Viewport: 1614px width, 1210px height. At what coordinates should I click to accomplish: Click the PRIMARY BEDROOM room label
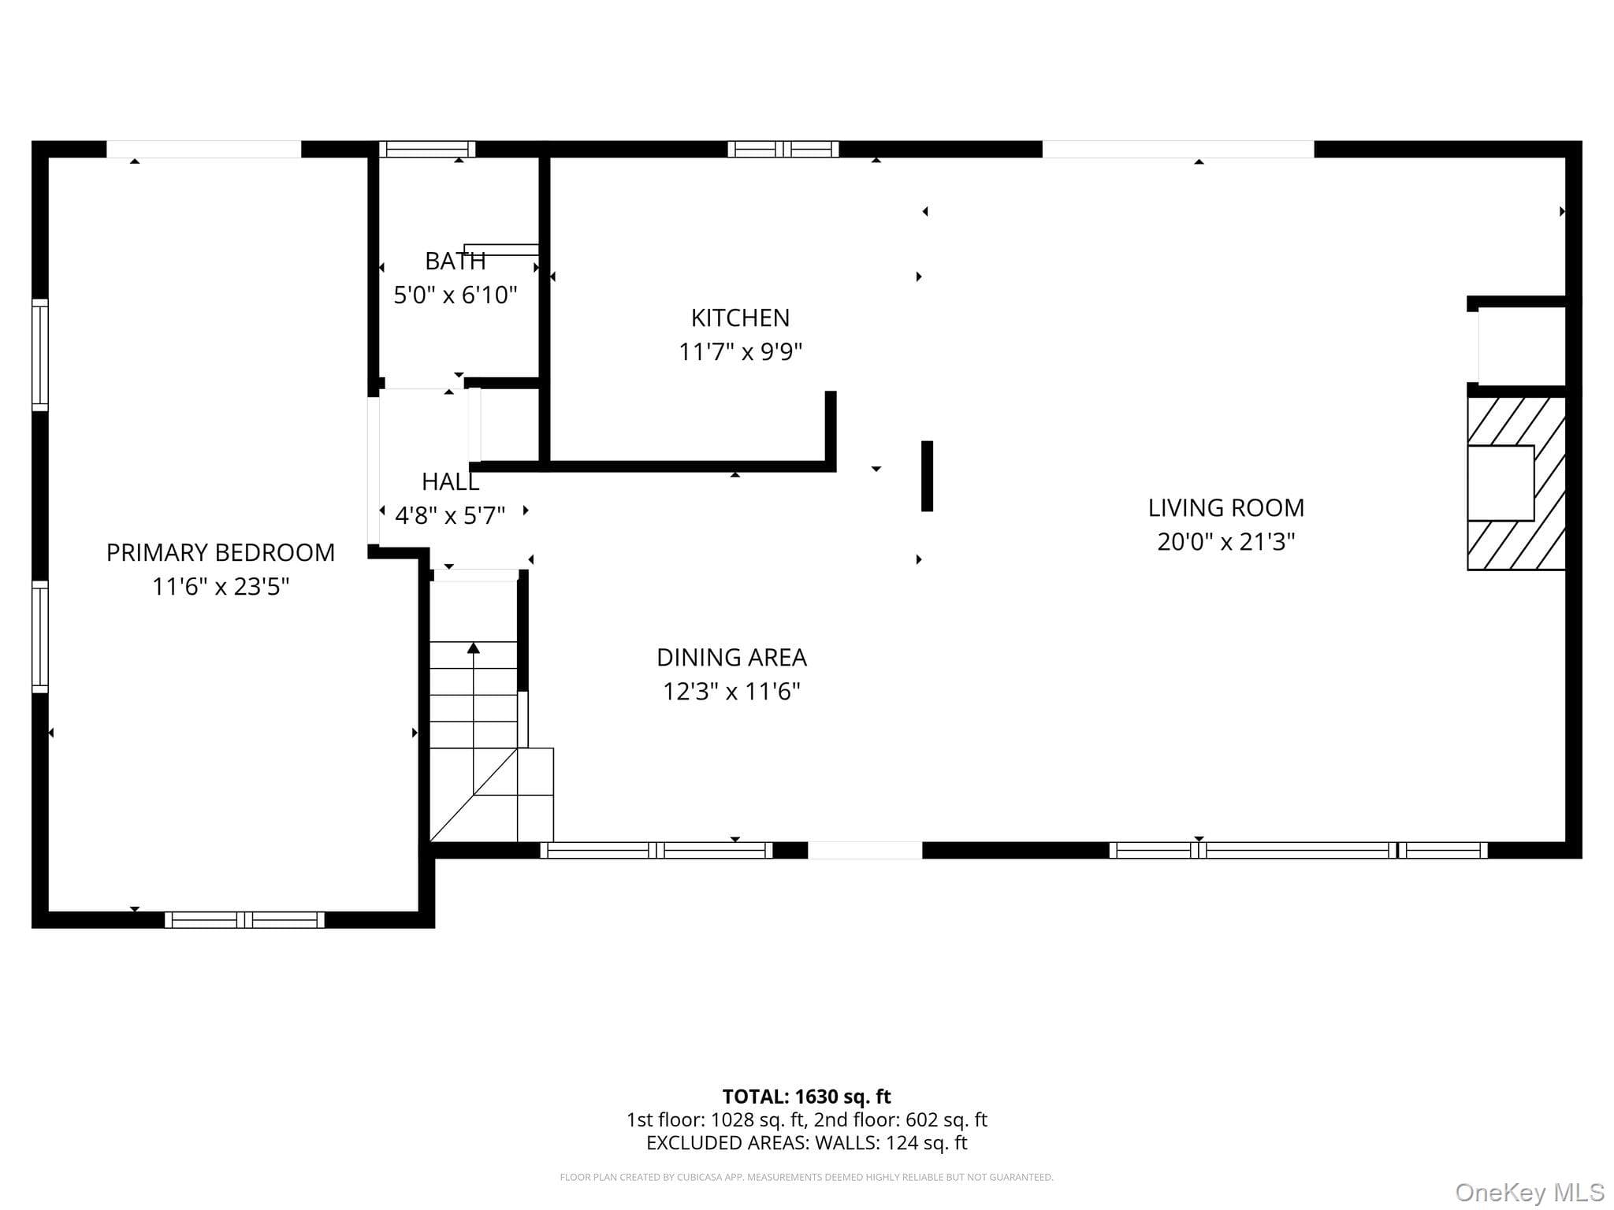(221, 552)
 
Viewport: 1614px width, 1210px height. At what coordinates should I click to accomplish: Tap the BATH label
(455, 261)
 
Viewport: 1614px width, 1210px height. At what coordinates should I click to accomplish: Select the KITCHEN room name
(740, 317)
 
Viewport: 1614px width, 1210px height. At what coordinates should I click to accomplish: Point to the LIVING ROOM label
(1225, 508)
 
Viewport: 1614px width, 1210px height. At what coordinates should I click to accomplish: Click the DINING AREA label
(731, 657)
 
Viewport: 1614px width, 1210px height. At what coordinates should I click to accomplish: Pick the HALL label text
(450, 481)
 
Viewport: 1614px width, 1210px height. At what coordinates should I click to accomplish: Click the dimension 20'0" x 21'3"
(1225, 542)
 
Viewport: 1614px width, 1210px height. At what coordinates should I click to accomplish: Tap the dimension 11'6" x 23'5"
(221, 587)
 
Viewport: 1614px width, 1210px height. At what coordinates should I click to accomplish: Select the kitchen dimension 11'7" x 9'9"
(740, 351)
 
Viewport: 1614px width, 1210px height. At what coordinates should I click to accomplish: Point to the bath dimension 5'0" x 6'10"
(455, 295)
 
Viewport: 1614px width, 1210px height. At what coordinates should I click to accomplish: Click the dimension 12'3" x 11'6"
(731, 692)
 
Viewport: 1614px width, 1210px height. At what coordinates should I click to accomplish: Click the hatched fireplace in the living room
(1515, 483)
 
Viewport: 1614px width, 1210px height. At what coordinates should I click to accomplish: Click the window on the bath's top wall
(427, 149)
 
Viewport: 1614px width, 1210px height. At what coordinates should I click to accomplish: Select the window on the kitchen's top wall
(783, 149)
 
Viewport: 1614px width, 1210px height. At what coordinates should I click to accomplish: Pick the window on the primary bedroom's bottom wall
(244, 919)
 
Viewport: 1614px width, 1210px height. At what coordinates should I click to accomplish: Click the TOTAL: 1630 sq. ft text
(806, 1097)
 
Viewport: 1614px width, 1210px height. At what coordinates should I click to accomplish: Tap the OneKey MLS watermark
(1530, 1193)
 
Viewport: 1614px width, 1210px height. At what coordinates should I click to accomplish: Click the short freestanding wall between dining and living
(927, 476)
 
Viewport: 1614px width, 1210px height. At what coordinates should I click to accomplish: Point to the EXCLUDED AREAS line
(806, 1143)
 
